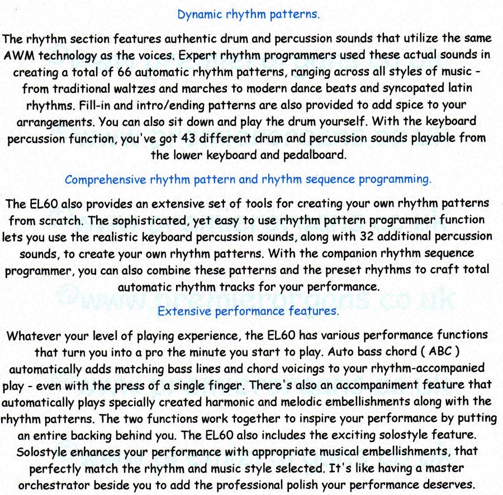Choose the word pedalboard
tap(316, 155)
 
